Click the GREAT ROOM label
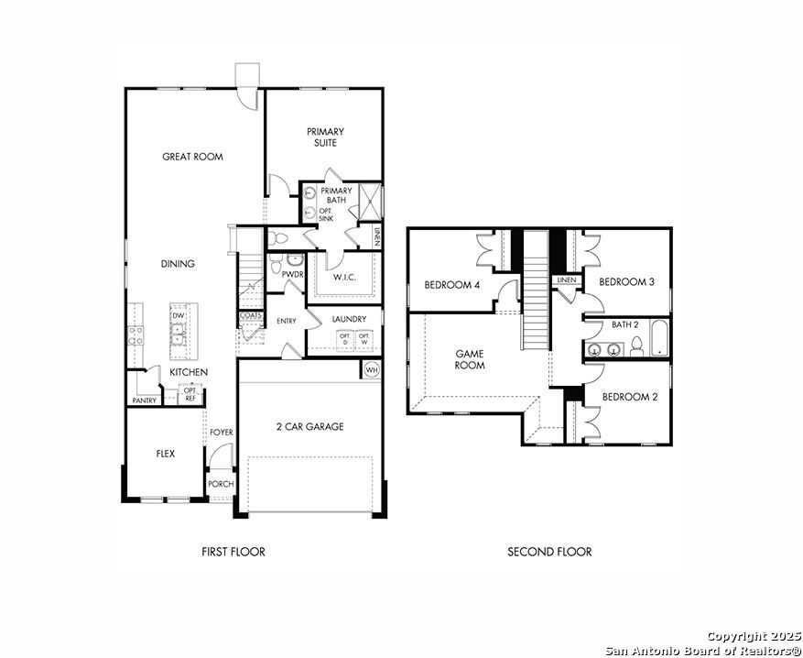pyautogui.click(x=192, y=157)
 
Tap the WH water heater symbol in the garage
pyautogui.click(x=371, y=370)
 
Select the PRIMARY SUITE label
pyautogui.click(x=325, y=137)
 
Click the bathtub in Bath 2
pyautogui.click(x=658, y=338)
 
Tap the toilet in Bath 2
pyautogui.click(x=636, y=346)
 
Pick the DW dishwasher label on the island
pyautogui.click(x=179, y=315)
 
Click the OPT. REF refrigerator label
pyautogui.click(x=190, y=393)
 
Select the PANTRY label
pyautogui.click(x=145, y=400)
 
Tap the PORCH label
pyautogui.click(x=222, y=484)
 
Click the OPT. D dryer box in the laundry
pyautogui.click(x=344, y=339)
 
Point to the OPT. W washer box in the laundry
pyautogui.click(x=364, y=339)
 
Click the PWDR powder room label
pyautogui.click(x=293, y=275)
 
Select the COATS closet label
pyautogui.click(x=251, y=316)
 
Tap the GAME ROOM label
pyautogui.click(x=470, y=359)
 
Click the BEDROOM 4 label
pyautogui.click(x=451, y=285)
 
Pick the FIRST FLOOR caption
pyautogui.click(x=233, y=552)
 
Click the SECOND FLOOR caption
pyautogui.click(x=549, y=552)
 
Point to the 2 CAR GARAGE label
pyautogui.click(x=309, y=426)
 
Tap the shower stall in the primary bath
pyautogui.click(x=370, y=201)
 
